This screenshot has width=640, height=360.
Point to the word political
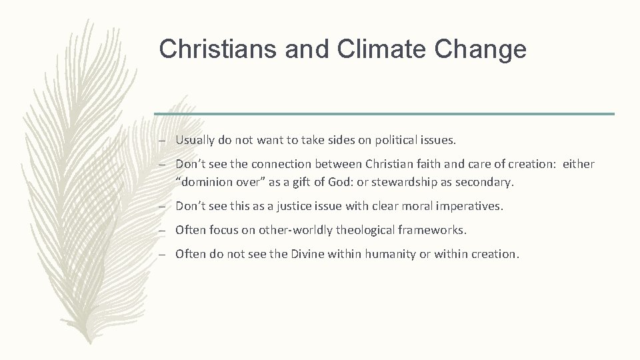pos(392,140)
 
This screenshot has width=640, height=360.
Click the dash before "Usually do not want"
pos(163,140)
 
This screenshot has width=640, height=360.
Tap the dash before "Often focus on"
pos(163,231)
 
